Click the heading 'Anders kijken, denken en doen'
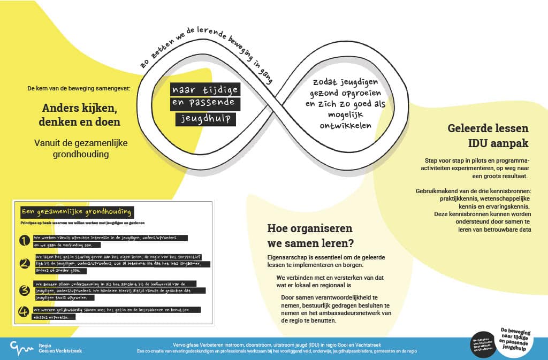click(79, 115)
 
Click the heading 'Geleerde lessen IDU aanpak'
click(488, 136)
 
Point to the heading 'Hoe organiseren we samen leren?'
click(310, 236)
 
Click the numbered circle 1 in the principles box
click(24, 241)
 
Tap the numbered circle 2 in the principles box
click(24, 264)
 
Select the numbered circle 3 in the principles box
click(24, 290)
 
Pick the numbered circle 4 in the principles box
click(24, 311)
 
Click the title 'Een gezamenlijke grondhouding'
click(75, 212)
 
